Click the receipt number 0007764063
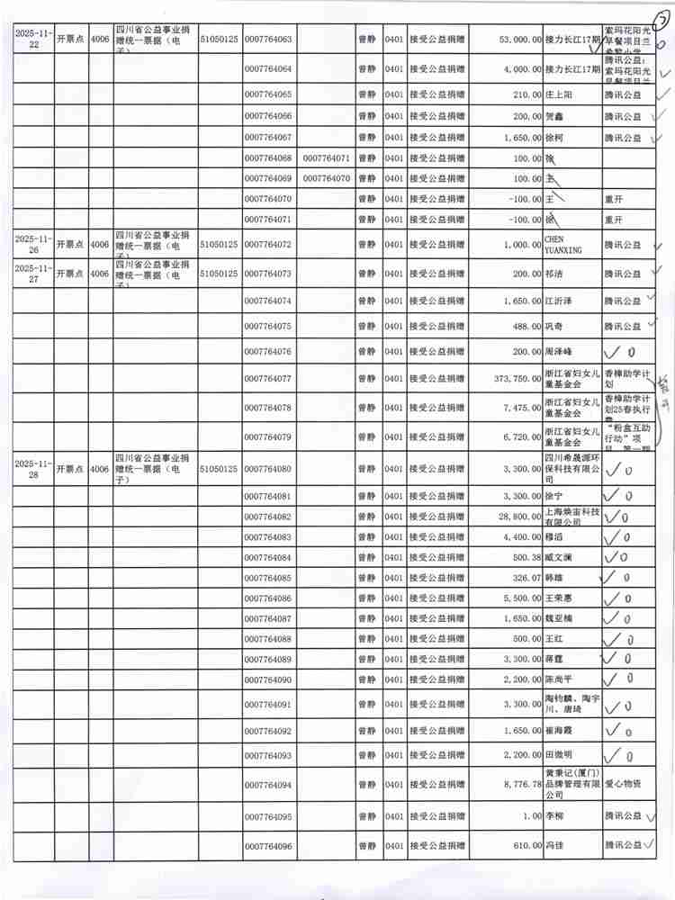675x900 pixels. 268,40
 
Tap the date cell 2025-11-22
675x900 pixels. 33,40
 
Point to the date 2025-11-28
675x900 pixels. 33,469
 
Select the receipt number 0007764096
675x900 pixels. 268,847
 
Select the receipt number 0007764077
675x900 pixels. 268,379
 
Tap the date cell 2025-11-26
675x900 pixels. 33,244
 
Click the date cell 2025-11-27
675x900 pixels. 33,273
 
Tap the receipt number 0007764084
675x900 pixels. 268,558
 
